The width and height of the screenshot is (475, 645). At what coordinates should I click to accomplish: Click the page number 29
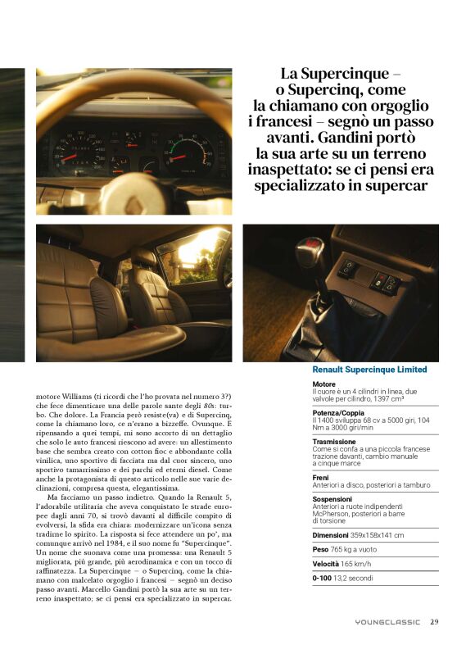(434, 622)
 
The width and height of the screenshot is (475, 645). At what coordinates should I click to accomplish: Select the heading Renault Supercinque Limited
(369, 370)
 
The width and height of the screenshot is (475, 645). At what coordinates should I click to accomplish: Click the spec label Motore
(324, 384)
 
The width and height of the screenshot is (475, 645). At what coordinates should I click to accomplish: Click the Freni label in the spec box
(321, 478)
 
